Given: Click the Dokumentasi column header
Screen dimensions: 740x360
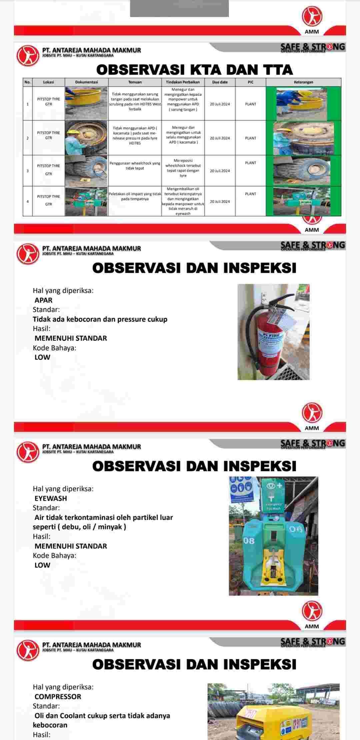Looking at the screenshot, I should (86, 82).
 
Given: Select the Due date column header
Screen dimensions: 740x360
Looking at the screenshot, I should (220, 82).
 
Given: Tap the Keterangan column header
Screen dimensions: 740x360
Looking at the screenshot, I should (303, 82).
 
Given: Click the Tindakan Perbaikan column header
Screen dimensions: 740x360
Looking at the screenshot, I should (183, 82).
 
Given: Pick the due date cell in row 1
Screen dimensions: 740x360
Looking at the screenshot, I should (220, 104).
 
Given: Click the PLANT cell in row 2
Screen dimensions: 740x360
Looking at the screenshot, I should (250, 138).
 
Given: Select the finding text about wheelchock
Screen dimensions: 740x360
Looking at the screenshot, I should (135, 166).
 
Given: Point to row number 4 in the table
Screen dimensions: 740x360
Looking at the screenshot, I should (28, 201).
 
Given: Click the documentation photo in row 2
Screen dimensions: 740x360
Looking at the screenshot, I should (86, 138).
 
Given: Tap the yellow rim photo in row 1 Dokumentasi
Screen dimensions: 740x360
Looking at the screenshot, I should (86, 103).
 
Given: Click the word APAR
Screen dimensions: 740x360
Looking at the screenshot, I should (43, 300).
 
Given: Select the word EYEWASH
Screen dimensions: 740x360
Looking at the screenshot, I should (51, 498).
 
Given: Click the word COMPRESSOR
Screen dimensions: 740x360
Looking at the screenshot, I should (58, 696).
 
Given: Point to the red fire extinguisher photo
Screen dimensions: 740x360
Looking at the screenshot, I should (273, 332).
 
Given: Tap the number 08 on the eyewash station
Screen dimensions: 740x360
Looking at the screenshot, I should (249, 540).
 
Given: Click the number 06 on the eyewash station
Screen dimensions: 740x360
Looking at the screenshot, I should (295, 529).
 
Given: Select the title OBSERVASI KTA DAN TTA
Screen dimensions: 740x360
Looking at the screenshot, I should (194, 70).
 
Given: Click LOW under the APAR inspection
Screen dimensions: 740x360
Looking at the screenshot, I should (42, 357).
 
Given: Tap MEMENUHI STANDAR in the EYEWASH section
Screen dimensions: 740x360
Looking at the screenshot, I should (71, 546).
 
